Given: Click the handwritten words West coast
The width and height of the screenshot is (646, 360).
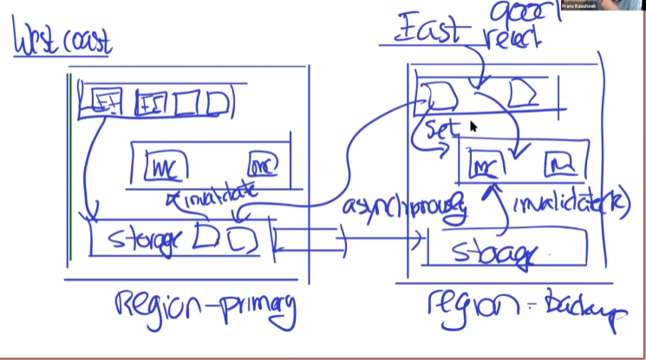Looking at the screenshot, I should pos(62,41).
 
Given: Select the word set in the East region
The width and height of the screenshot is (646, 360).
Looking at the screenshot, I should pos(440,130).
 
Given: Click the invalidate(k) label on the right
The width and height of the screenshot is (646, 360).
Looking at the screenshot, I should pos(571,205).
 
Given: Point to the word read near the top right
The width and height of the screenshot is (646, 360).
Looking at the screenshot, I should pos(512,37).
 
